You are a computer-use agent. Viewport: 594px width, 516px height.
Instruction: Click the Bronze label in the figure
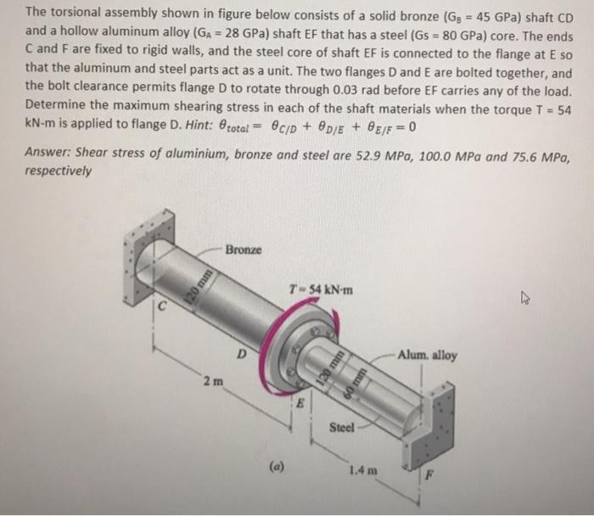click(244, 251)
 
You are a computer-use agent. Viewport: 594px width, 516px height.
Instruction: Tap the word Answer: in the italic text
click(49, 154)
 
